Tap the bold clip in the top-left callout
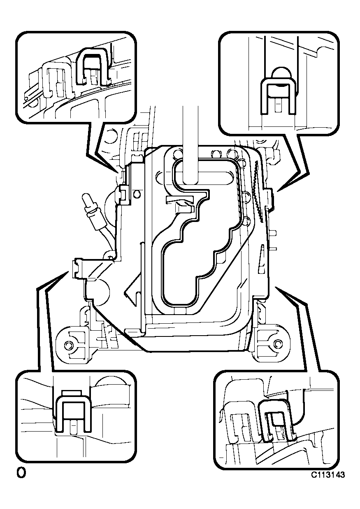[93, 67]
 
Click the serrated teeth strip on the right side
[260, 191]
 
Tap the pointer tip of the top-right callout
[277, 191]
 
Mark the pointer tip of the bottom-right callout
[275, 287]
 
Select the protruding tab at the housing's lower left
[79, 269]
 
